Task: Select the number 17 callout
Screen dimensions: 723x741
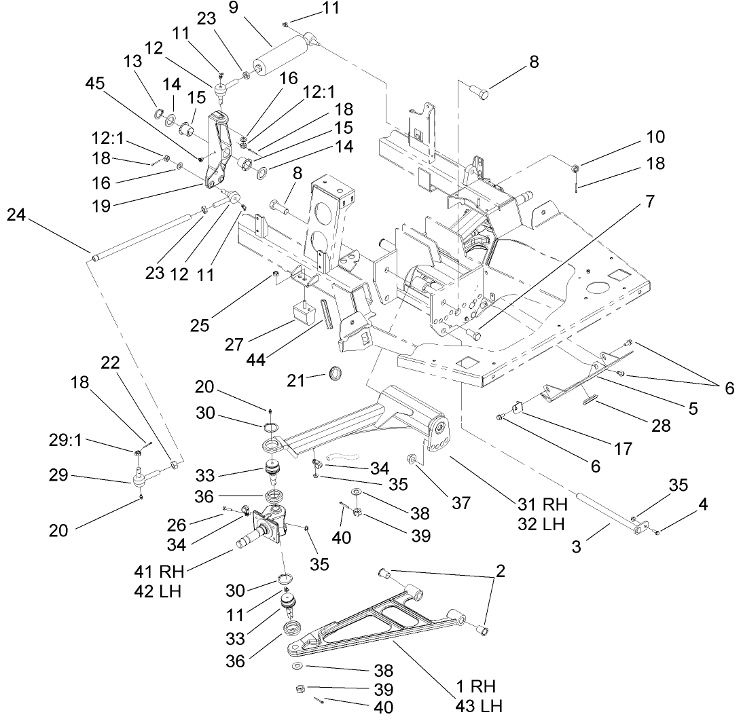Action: (622, 448)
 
